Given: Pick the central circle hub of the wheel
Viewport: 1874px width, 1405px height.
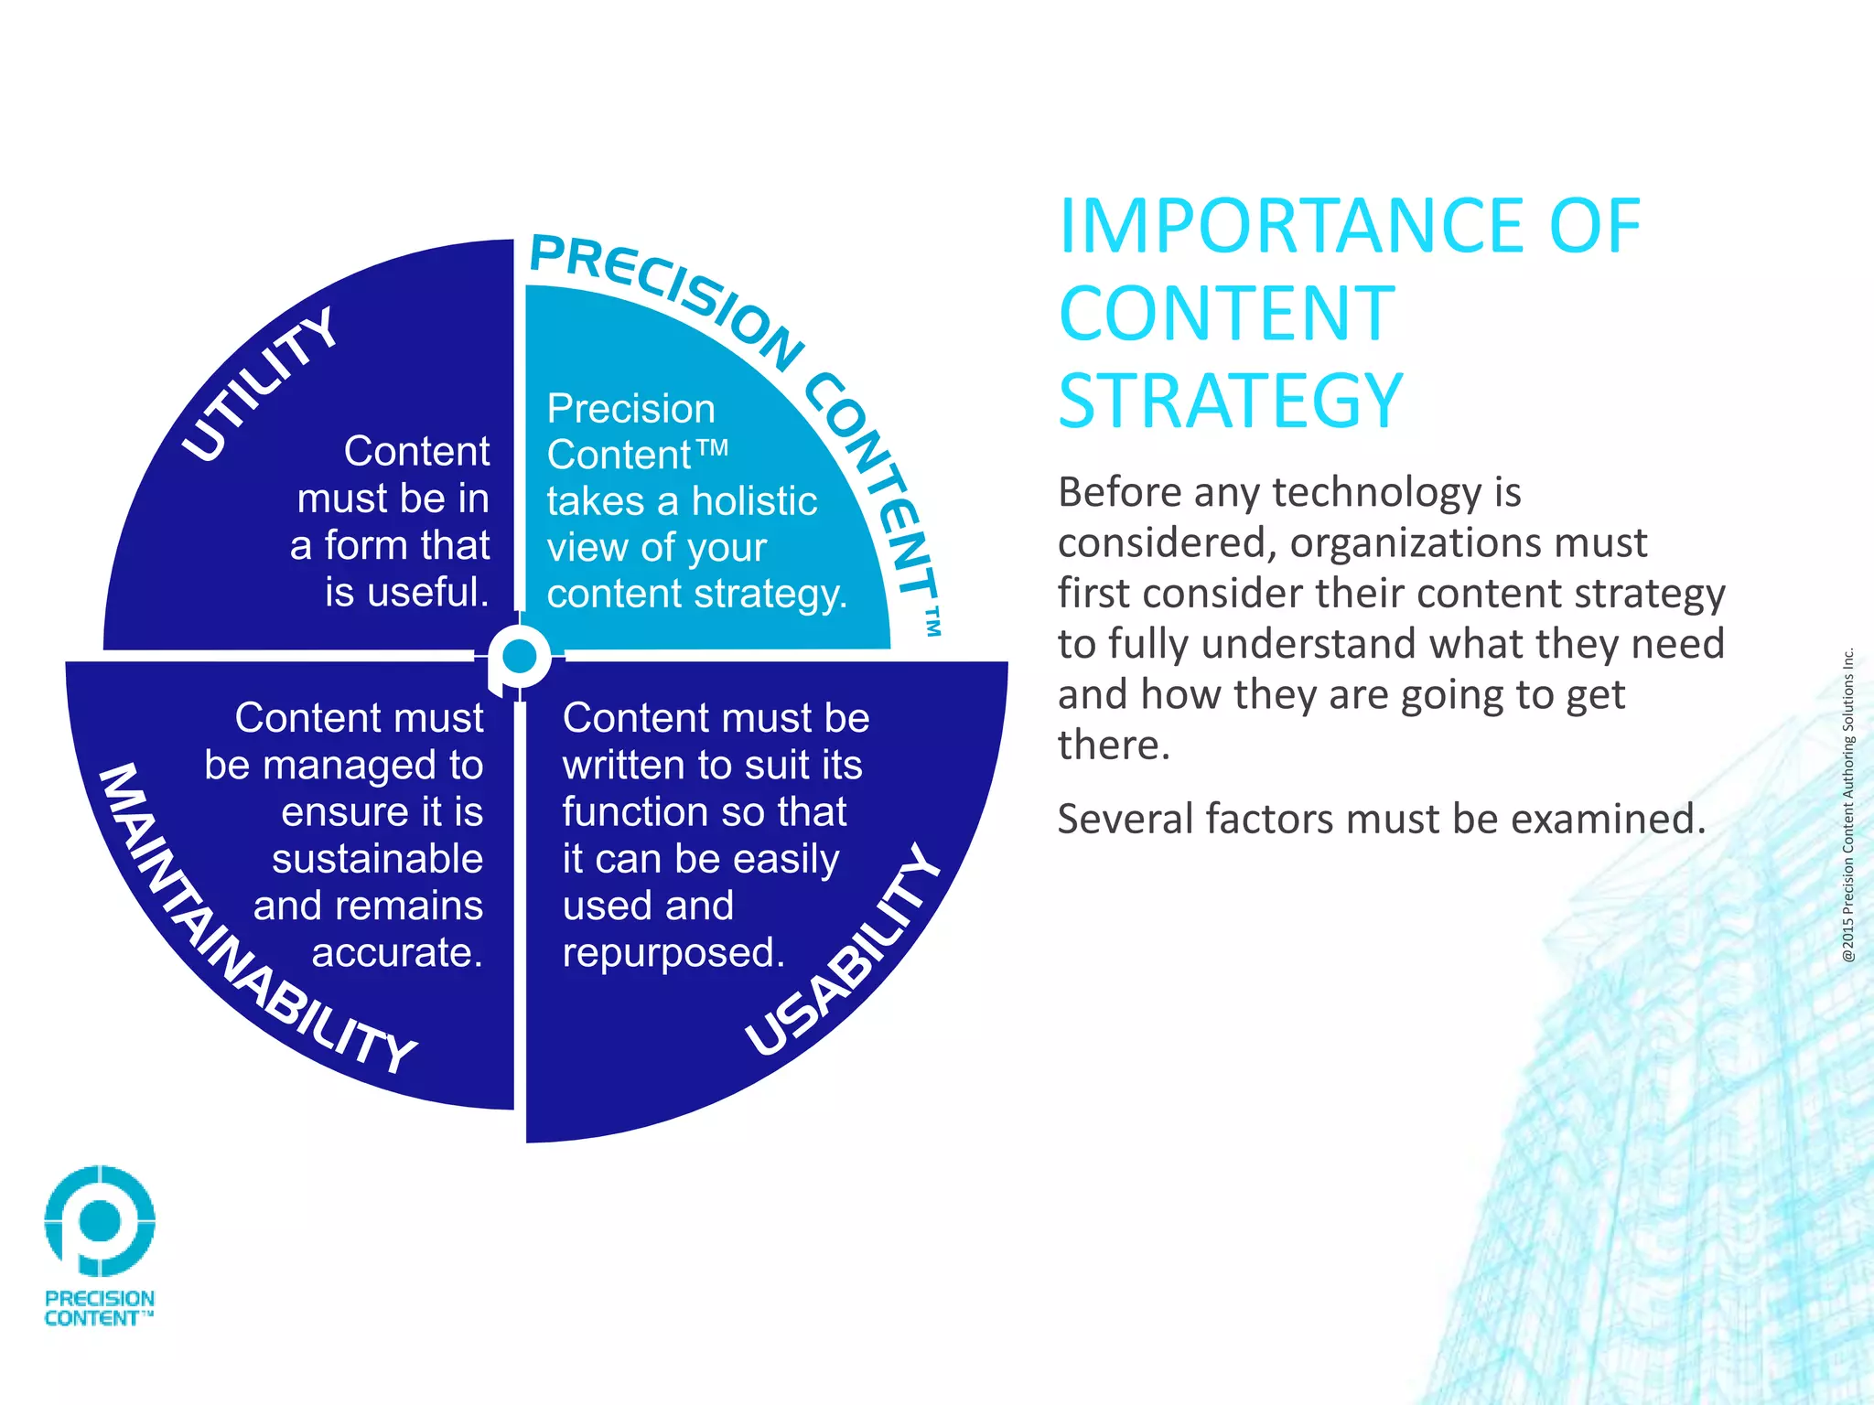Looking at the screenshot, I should click(520, 656).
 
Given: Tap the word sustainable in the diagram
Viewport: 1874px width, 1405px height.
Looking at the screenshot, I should click(377, 859).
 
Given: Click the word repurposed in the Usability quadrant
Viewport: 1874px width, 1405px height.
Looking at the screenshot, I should click(673, 953).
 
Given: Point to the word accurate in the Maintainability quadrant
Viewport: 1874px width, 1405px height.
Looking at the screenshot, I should click(396, 953).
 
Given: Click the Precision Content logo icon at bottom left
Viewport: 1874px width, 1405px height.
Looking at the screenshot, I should click(100, 1220).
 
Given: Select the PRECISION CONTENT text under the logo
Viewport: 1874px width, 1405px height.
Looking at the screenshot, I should click(99, 1308).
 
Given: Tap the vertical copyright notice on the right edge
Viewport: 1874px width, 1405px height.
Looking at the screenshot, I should click(1847, 805).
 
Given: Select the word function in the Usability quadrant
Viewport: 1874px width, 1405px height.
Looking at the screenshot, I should click(616, 812).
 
